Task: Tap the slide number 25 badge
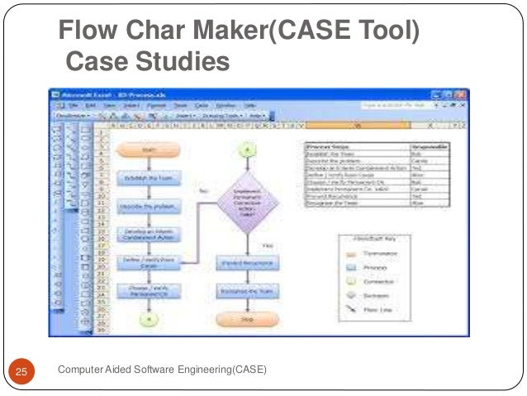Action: (x=22, y=370)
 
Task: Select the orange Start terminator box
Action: (x=147, y=150)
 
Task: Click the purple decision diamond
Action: (x=248, y=199)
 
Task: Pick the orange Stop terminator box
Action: (x=247, y=319)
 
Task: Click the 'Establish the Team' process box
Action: (x=147, y=177)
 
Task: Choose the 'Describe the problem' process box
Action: (x=147, y=205)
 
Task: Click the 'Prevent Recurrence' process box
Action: (x=247, y=264)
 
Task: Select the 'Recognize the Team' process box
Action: (x=247, y=291)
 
